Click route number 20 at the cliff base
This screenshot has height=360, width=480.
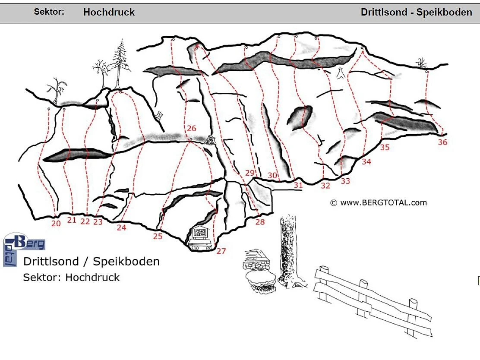[x=56, y=224]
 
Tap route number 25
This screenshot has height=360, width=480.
[x=158, y=236]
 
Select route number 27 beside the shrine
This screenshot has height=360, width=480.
[x=221, y=251]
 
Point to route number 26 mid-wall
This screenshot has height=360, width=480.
[x=191, y=128]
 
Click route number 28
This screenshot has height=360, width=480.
[x=260, y=222]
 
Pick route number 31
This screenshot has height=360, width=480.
[x=298, y=185]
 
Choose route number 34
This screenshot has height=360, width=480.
[x=366, y=161]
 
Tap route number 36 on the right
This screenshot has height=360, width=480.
[x=442, y=142]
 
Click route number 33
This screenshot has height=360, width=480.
[x=345, y=181]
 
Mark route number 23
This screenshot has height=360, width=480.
[x=98, y=222]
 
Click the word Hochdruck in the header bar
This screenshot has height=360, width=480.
[x=109, y=12]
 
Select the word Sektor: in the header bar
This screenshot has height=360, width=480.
[x=49, y=12]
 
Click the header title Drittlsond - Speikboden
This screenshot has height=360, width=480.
[x=416, y=12]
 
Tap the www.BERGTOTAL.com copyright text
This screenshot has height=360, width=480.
[x=379, y=202]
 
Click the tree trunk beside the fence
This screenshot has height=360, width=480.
[x=288, y=250]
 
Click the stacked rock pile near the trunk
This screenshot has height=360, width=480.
[x=259, y=272]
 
